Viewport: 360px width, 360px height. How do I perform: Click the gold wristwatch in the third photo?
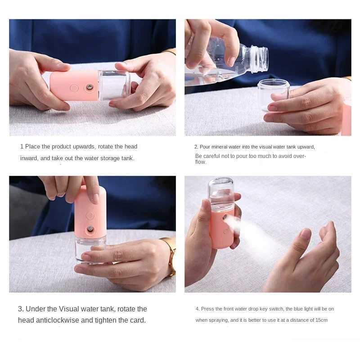click(x=171, y=256)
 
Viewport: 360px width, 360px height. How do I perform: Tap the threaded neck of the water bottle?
click(x=260, y=59)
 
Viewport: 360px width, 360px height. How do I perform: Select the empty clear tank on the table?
click(x=273, y=94)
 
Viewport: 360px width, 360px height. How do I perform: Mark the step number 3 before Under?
click(x=20, y=309)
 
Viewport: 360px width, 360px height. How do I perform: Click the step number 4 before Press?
click(x=197, y=309)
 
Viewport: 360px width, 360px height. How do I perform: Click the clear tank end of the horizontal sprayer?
click(x=113, y=85)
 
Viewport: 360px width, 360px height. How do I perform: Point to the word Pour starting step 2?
click(x=205, y=147)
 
